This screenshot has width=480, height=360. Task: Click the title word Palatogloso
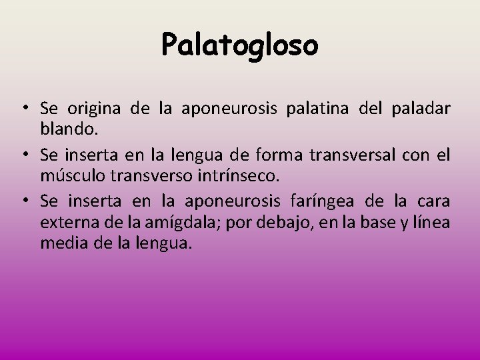coord(240,45)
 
